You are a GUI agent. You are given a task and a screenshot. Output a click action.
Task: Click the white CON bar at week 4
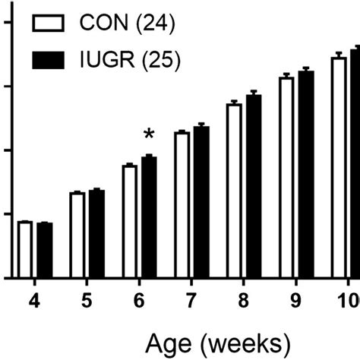click(x=25, y=250)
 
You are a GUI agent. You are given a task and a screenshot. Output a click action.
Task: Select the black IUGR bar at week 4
click(x=44, y=251)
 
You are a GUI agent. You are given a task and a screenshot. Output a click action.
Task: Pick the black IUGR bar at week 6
click(x=149, y=217)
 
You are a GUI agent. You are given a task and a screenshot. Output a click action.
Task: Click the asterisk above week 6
click(x=149, y=135)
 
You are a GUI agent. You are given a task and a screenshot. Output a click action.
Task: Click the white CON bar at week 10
click(x=339, y=167)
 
